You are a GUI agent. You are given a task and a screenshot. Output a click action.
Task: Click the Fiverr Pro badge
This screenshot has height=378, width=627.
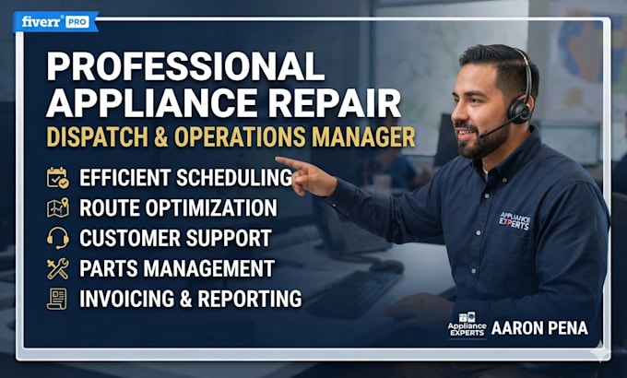55,21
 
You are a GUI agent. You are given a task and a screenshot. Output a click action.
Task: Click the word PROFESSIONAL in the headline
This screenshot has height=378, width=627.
185,65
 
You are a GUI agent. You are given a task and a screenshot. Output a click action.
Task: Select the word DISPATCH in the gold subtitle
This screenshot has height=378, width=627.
97,136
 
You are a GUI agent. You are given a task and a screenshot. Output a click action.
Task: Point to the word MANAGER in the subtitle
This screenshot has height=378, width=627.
363,136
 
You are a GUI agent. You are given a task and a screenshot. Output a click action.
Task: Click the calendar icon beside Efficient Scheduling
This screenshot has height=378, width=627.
57,178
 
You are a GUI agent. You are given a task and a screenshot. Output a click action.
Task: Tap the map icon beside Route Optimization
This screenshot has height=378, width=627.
57,207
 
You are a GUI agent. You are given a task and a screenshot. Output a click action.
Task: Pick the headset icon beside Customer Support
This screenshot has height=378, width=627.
57,238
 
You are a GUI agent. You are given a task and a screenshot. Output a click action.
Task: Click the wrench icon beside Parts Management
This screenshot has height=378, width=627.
57,268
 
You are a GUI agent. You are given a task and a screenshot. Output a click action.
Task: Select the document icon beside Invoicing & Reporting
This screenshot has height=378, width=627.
57,299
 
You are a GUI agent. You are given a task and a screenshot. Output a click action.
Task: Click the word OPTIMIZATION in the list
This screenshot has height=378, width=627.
211,207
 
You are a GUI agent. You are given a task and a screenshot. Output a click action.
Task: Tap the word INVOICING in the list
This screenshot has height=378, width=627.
127,299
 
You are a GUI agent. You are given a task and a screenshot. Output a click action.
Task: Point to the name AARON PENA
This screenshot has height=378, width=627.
539,328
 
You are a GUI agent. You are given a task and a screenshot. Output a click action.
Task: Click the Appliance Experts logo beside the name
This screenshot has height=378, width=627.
467,325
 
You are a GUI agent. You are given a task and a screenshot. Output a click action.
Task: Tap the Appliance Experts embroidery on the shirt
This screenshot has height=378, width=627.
515,220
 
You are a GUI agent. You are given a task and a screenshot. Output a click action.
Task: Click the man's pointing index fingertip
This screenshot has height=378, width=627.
278,159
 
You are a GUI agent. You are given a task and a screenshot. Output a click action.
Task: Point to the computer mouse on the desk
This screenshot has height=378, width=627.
386,266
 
